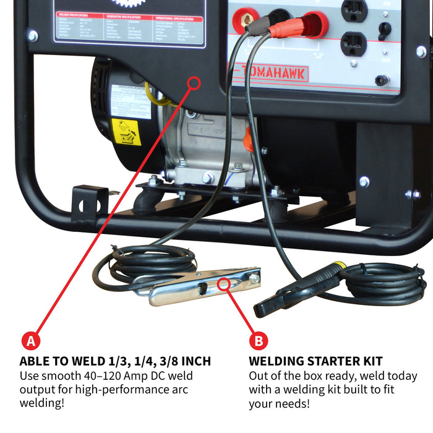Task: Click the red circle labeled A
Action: point(31,341)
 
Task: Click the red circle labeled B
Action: point(259,341)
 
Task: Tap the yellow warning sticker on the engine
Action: point(126,131)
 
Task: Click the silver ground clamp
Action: point(204,288)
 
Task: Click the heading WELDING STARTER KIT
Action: point(315,361)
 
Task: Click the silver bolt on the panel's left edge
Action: point(32,36)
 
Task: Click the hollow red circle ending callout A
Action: point(194,82)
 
